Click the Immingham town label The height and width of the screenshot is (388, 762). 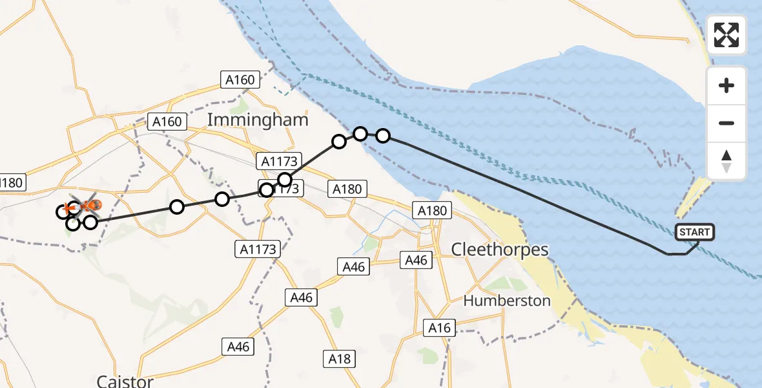click(x=258, y=120)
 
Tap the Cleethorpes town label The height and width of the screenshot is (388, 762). click(x=500, y=250)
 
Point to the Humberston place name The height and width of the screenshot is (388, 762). click(x=507, y=301)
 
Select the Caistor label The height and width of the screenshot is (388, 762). click(x=125, y=381)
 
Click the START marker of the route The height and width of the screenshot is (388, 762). click(x=695, y=232)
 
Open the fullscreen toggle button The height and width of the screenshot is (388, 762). click(x=726, y=35)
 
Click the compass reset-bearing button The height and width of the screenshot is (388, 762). click(x=726, y=161)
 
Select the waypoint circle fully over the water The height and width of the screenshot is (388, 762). click(x=383, y=135)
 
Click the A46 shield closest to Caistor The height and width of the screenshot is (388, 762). click(x=238, y=347)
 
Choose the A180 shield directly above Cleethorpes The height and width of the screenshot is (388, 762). click(x=432, y=210)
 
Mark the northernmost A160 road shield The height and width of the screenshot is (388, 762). click(x=240, y=80)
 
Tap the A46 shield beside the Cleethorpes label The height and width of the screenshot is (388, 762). click(x=416, y=260)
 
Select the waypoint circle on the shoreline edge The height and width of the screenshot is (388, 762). click(x=360, y=133)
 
